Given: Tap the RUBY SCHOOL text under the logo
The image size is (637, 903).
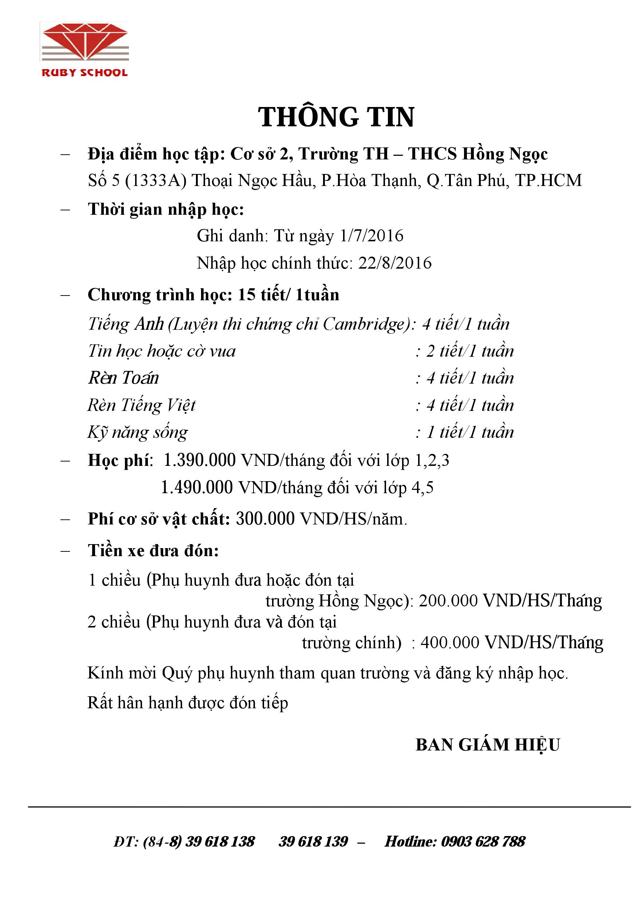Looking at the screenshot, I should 84,73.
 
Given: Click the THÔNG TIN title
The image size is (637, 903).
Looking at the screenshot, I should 336,117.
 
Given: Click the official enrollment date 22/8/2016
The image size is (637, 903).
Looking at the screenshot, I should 395,263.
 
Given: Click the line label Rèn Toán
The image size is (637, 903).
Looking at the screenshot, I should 123,378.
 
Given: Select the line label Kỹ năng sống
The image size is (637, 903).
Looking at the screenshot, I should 137,433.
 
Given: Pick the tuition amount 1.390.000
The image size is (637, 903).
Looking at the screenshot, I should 200,460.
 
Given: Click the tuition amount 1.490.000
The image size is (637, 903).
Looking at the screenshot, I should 197,488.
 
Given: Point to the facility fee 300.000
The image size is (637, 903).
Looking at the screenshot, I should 265,519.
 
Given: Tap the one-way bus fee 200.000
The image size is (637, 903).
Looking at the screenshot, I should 448,601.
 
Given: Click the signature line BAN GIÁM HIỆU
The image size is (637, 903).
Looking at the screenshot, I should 487,745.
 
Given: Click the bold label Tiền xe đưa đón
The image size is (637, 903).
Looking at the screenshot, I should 153,551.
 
